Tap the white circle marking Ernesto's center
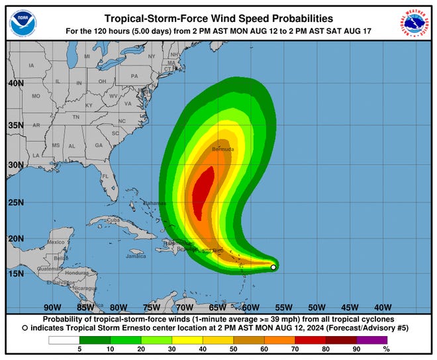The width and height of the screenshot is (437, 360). (273, 267)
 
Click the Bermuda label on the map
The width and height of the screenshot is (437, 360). (222, 150)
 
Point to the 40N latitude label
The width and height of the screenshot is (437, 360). (16, 84)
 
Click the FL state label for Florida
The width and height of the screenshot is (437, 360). (105, 176)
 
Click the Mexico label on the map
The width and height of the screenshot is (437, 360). (56, 242)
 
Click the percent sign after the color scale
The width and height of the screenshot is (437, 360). (386, 349)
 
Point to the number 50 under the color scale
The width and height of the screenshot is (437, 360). (232, 349)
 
